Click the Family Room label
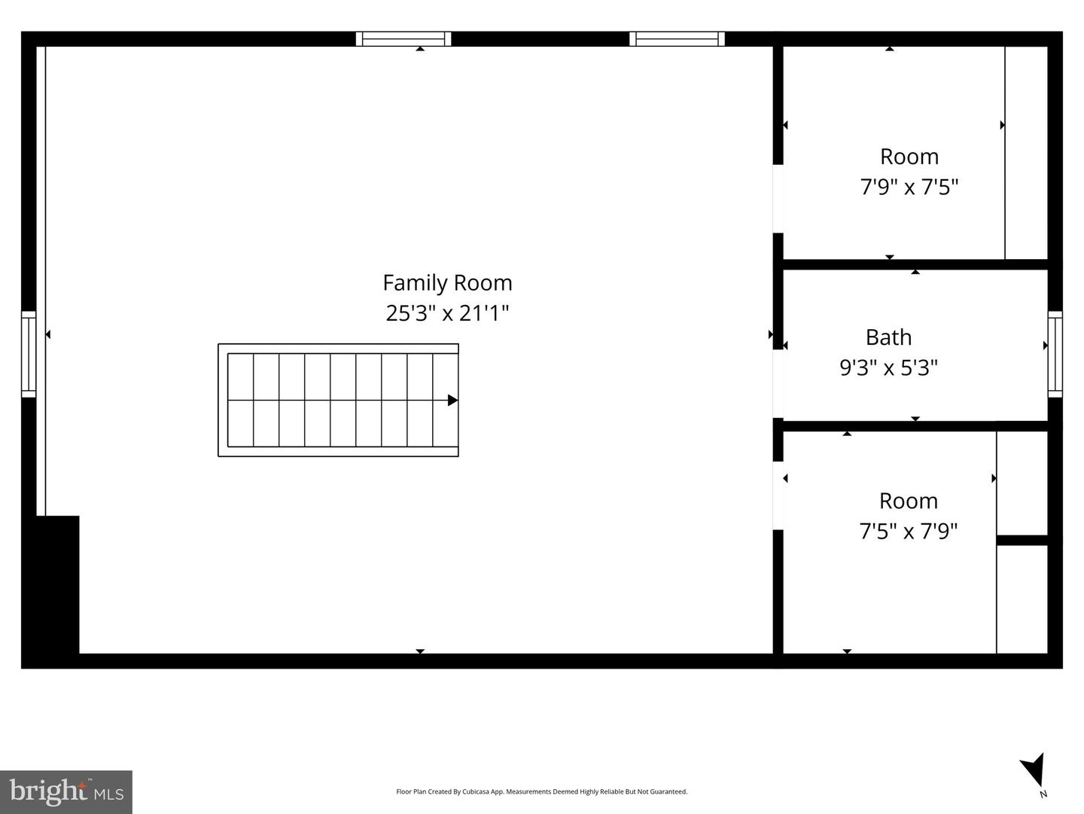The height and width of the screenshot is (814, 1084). click(x=447, y=284)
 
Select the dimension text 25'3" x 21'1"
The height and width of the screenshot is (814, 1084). click(x=447, y=313)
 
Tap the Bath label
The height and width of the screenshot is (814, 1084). click(x=888, y=337)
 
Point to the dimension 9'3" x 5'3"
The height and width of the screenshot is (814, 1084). click(x=888, y=367)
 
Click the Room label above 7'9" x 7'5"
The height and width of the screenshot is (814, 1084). click(x=909, y=157)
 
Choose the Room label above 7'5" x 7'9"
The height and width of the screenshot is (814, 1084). click(x=908, y=502)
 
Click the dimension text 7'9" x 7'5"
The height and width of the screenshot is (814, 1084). click(x=909, y=187)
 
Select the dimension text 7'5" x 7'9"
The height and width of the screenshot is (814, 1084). click(x=908, y=532)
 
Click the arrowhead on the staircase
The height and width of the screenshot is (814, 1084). click(x=452, y=400)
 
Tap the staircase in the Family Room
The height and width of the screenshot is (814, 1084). click(x=338, y=400)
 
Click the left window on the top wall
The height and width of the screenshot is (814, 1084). click(x=403, y=39)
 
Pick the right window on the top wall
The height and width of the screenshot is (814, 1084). click(x=677, y=39)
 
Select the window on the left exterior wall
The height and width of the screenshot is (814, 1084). click(x=29, y=354)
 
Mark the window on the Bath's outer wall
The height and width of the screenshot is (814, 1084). click(x=1055, y=354)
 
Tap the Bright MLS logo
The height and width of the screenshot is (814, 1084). click(x=66, y=792)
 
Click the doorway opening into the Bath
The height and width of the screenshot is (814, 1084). click(x=778, y=384)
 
